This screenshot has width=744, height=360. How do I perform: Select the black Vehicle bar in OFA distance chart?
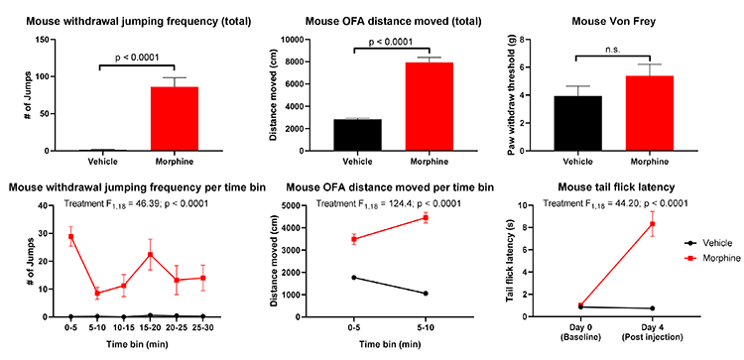point(357,135)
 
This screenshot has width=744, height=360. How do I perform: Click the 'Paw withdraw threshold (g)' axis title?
point(514,95)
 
